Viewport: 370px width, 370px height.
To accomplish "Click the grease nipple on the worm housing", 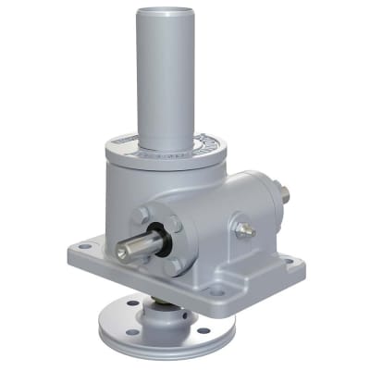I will [245, 228].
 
